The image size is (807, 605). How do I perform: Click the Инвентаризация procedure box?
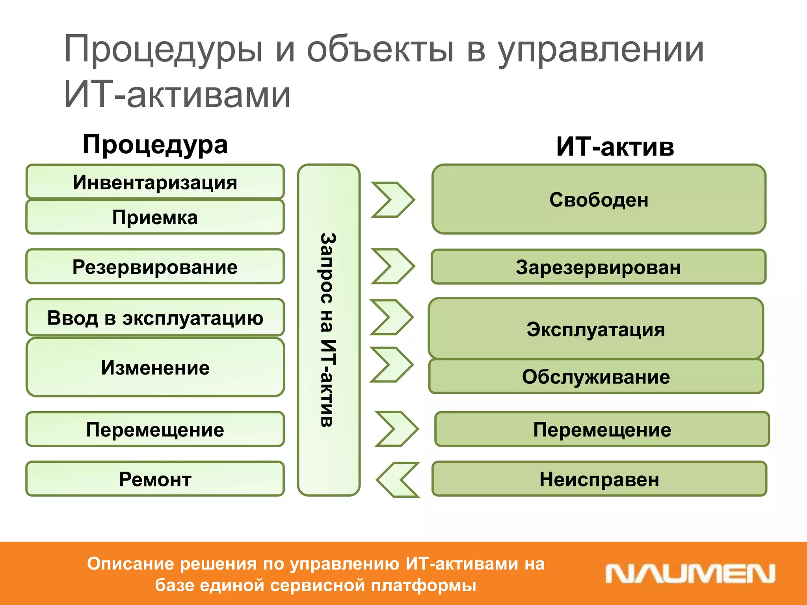[155, 182]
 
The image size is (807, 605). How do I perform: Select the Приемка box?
[155, 217]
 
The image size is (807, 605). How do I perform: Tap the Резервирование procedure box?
[155, 267]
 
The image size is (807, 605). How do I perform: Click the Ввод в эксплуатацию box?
[155, 317]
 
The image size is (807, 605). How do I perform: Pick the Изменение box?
[155, 367]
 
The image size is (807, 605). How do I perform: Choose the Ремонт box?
[155, 479]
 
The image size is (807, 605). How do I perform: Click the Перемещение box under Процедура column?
[155, 429]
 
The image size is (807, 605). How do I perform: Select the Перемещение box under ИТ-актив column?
[602, 429]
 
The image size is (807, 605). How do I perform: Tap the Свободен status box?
[599, 199]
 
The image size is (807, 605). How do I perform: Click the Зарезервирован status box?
[598, 267]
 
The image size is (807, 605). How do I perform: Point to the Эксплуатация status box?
[595, 329]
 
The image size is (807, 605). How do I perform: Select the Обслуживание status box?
[595, 377]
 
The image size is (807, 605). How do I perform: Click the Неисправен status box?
[599, 479]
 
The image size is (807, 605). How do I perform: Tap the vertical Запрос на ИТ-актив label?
[328, 330]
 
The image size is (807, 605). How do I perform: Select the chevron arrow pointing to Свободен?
[393, 200]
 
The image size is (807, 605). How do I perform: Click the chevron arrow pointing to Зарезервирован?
[393, 266]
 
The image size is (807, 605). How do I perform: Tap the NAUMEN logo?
[690, 573]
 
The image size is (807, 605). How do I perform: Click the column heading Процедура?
[155, 145]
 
